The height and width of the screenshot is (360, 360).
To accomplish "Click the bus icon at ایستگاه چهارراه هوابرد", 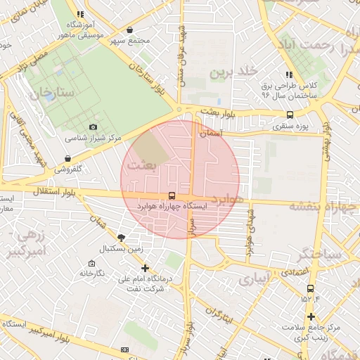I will (172, 196).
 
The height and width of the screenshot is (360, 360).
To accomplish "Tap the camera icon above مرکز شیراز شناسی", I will (93, 127).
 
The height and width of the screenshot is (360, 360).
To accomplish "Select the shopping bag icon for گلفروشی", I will (68, 158).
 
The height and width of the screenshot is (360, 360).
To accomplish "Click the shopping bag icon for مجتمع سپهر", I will (130, 30).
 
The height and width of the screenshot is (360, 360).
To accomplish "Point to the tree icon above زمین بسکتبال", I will (121, 238).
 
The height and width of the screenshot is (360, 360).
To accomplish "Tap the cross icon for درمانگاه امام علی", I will (145, 268).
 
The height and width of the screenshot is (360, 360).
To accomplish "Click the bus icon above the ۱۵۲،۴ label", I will (310, 288).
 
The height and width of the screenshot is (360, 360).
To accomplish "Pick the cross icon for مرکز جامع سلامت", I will (310, 317).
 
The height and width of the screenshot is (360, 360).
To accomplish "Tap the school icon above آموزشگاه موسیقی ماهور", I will (80, 13).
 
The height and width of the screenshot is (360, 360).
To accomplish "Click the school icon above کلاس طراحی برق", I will (289, 75).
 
